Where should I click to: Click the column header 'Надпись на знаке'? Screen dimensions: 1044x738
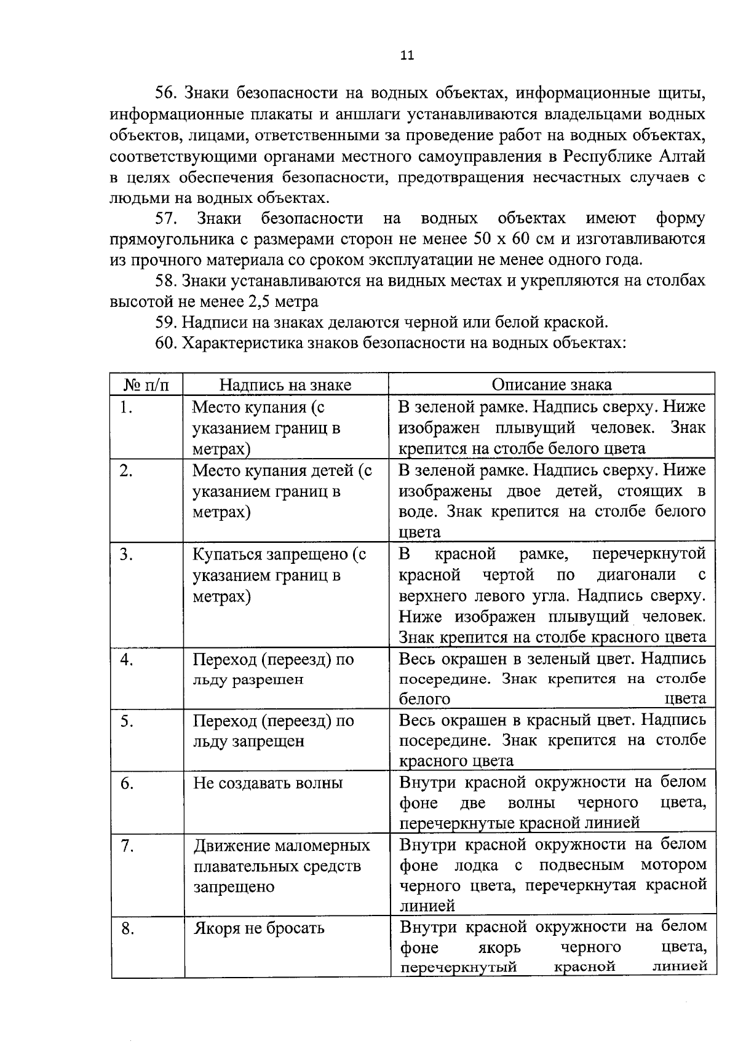pyautogui.click(x=285, y=385)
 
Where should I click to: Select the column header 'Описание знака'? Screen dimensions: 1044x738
pyautogui.click(x=552, y=384)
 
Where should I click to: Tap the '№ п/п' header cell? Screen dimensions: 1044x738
pyautogui.click(x=146, y=385)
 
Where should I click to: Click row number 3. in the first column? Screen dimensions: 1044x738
pyautogui.click(x=127, y=555)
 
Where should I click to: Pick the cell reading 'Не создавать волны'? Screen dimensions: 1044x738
pyautogui.click(x=268, y=783)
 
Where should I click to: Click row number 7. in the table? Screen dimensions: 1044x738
pyautogui.click(x=127, y=847)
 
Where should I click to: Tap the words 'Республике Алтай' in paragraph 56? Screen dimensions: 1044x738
pyautogui.click(x=635, y=156)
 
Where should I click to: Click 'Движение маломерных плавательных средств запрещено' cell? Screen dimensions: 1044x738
pyautogui.click(x=282, y=866)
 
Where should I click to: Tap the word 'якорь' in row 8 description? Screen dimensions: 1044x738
pyautogui.click(x=499, y=947)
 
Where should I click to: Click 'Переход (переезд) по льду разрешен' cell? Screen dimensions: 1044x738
pyautogui.click(x=273, y=670)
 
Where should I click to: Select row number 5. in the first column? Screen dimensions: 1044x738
pyautogui.click(x=127, y=721)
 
